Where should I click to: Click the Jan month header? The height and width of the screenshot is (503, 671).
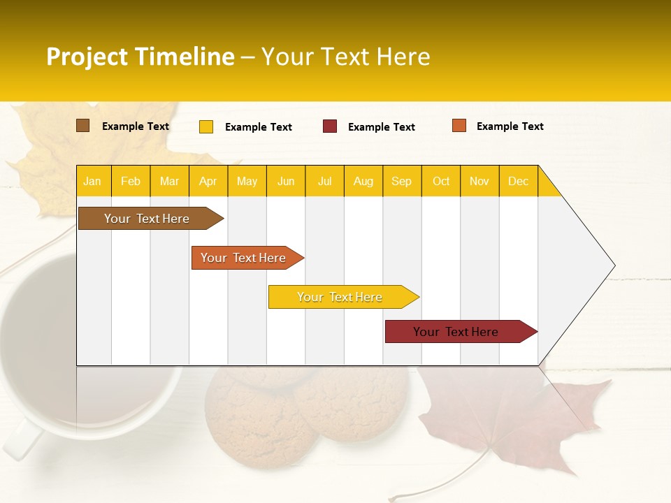93,181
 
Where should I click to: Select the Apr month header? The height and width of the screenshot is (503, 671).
208,181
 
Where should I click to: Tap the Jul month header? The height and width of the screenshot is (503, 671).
324,181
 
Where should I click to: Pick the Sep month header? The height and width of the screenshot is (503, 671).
402,181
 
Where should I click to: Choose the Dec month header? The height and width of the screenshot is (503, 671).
518,181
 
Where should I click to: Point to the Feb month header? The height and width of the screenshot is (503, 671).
131,181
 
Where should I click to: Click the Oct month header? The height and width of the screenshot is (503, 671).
441,181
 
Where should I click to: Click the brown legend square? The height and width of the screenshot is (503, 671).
82,126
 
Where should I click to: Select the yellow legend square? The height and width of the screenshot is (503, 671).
206,126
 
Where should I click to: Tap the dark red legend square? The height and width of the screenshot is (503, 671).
330,126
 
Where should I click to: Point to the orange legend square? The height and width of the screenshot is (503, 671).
459,126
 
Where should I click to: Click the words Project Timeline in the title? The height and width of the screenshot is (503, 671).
140,57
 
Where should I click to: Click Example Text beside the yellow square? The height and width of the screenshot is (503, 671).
259,127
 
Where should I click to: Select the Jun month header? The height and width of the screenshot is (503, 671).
286,181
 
